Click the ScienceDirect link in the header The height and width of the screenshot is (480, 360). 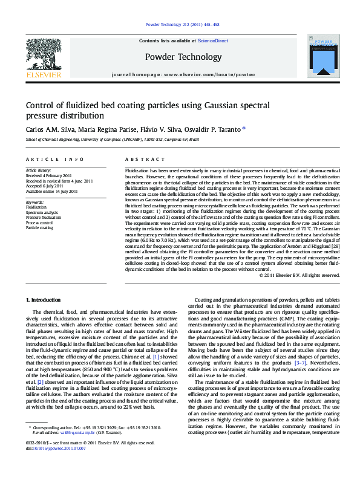[213, 41]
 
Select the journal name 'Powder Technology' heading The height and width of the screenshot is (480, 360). [183, 57]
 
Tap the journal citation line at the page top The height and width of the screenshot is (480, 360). [182, 25]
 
